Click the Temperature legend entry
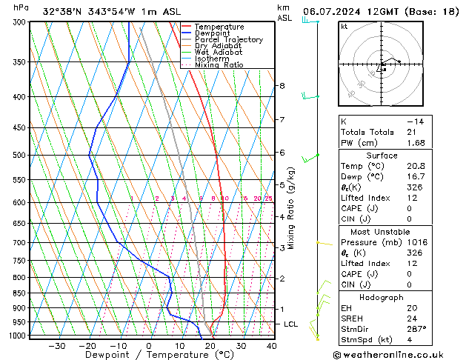click(x=218, y=27)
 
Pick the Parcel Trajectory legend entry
click(x=228, y=40)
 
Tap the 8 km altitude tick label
click(x=282, y=86)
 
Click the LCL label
click(x=291, y=324)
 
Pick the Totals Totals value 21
click(x=412, y=132)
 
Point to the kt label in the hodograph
click(x=344, y=27)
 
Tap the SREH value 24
click(x=412, y=318)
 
